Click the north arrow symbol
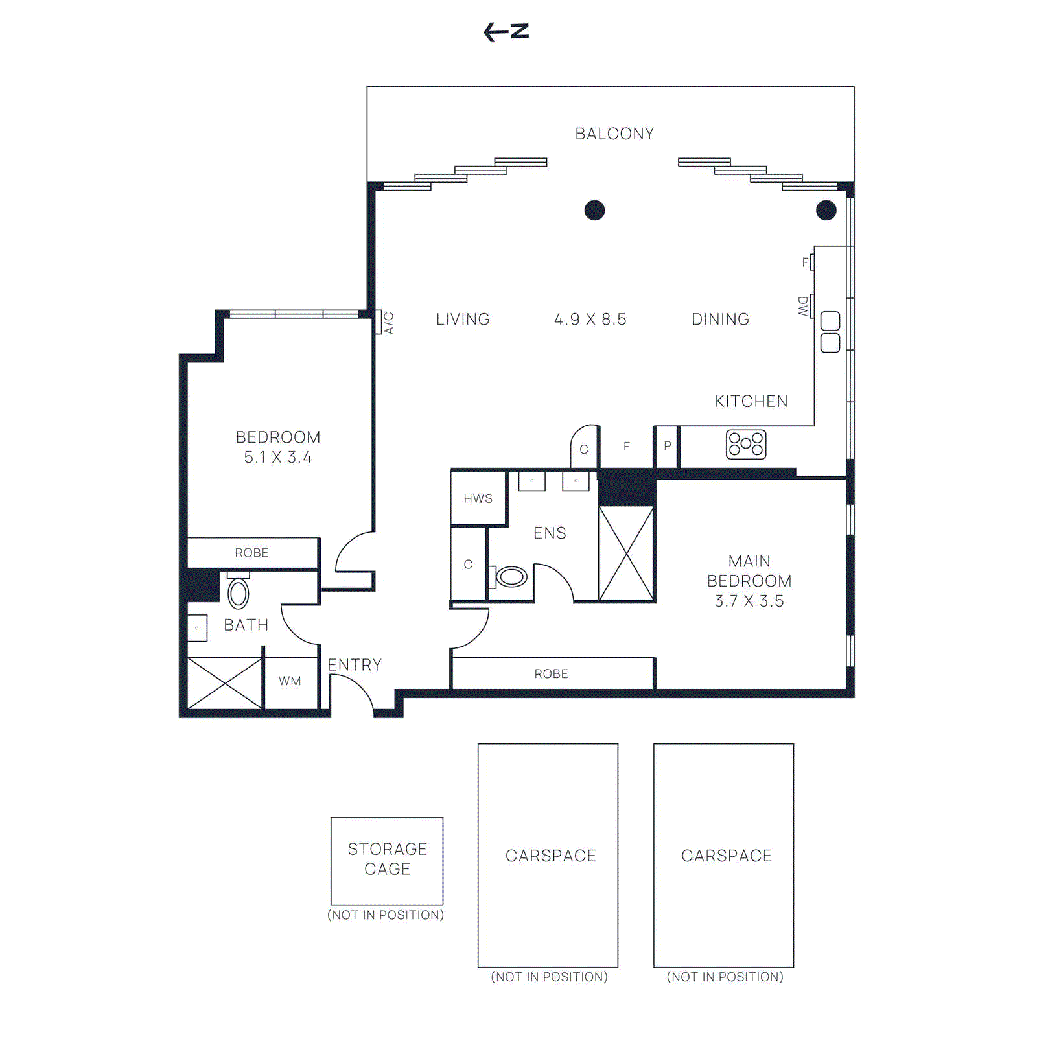tap(506, 32)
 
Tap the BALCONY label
tap(614, 134)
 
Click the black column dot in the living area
tap(594, 210)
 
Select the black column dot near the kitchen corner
tap(826, 210)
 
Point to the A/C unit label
tap(388, 322)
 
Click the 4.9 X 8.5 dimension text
tap(590, 320)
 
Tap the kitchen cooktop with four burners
tap(746, 445)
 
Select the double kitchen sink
tap(830, 332)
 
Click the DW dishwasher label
tap(803, 306)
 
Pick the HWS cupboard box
tap(478, 498)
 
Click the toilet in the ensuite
tap(511, 576)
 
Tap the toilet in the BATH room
tap(239, 592)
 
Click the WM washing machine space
tap(290, 681)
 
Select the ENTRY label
tap(355, 665)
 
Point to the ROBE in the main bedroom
tap(552, 674)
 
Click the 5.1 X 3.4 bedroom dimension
tap(277, 458)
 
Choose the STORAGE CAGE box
tap(387, 860)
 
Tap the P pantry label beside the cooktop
tap(668, 446)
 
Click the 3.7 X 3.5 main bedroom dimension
tap(749, 601)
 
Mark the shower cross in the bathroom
tap(225, 683)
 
